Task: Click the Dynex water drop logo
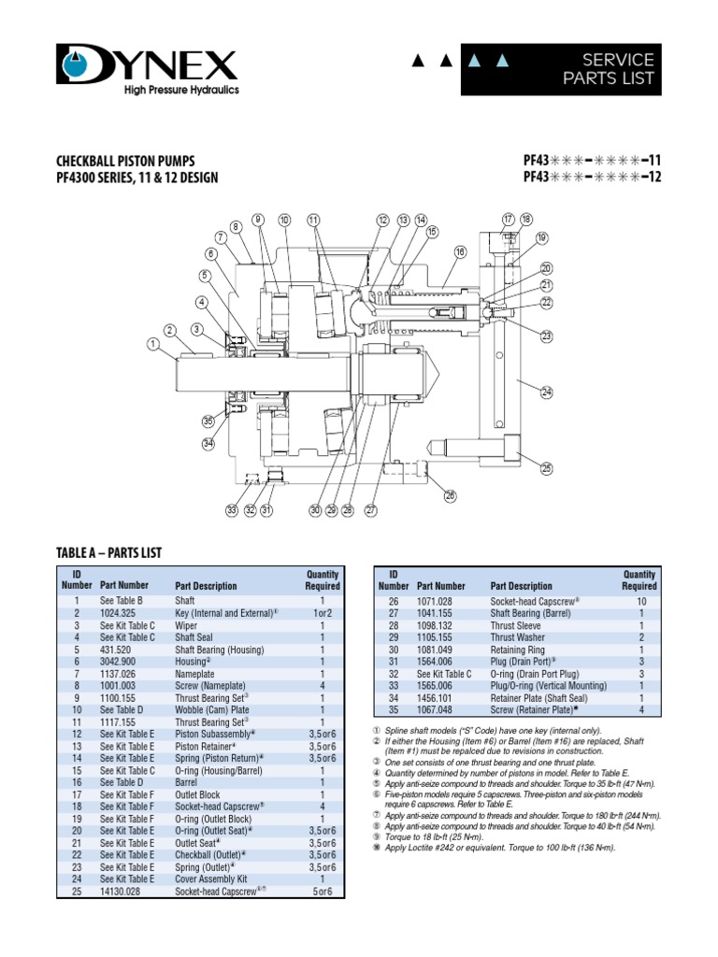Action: click(x=79, y=64)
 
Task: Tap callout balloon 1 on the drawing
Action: click(x=151, y=344)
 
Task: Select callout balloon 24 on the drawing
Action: click(x=547, y=393)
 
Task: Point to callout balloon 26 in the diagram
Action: click(x=451, y=495)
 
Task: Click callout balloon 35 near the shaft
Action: click(x=208, y=421)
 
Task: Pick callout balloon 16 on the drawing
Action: click(x=460, y=251)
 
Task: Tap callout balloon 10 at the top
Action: click(x=284, y=221)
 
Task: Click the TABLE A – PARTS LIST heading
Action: click(x=109, y=553)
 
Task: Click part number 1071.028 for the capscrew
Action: click(x=438, y=601)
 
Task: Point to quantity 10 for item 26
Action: click(x=640, y=601)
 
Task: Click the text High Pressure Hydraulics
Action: click(x=169, y=91)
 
